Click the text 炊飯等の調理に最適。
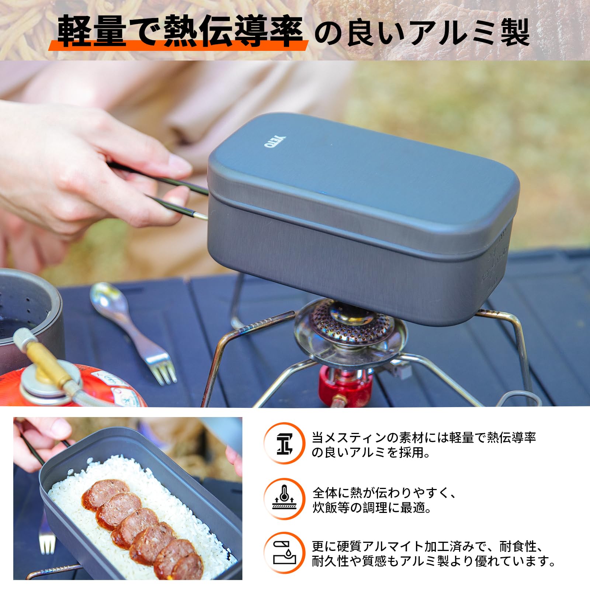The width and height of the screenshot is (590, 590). [372, 508]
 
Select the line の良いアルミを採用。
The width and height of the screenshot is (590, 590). [371, 452]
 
